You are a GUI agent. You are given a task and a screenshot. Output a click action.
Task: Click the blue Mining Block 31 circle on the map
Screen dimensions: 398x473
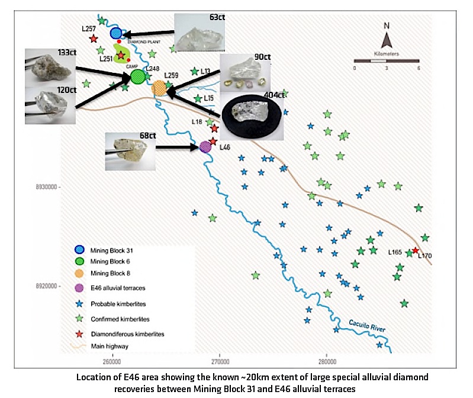(116, 34)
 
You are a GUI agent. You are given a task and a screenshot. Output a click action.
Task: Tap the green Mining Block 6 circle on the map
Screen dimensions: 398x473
(138, 76)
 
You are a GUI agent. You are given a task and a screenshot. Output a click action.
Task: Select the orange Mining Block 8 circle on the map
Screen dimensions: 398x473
(159, 89)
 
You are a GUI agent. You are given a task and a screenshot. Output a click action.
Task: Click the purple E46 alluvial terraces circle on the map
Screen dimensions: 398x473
(205, 146)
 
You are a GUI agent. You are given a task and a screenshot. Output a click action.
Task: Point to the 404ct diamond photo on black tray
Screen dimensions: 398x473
(252, 113)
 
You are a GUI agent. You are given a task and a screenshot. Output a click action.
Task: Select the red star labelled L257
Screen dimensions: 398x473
(94, 39)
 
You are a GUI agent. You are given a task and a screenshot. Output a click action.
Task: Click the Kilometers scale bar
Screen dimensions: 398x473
(385, 60)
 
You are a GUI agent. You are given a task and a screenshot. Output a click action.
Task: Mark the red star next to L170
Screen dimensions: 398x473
(415, 251)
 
